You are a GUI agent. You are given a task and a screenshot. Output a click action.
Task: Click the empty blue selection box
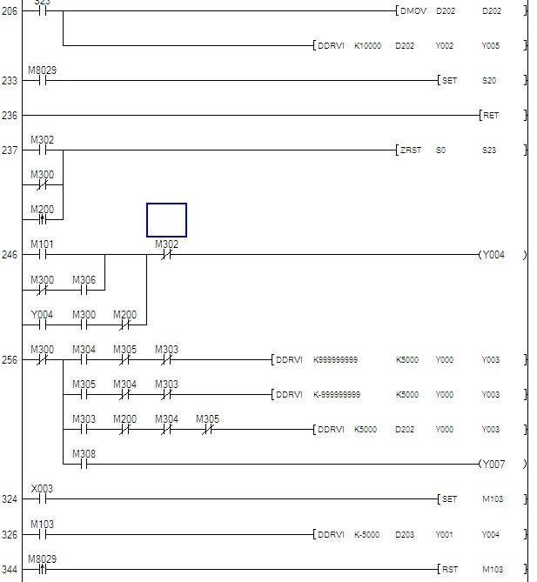click(166, 220)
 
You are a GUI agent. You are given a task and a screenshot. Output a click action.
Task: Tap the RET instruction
click(491, 115)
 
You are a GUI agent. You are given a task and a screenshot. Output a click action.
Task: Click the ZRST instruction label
click(410, 151)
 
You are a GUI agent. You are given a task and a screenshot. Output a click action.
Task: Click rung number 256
click(10, 360)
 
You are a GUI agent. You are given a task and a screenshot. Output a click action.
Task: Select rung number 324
click(10, 499)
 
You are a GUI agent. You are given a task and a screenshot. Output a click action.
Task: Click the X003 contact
click(41, 498)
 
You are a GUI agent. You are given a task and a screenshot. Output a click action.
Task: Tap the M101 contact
click(41, 255)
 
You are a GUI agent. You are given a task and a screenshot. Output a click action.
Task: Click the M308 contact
click(84, 464)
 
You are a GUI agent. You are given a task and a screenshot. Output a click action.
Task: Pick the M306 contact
click(84, 290)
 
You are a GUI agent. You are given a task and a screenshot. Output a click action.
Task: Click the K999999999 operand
click(335, 360)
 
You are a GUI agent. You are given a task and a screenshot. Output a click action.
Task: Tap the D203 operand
click(405, 534)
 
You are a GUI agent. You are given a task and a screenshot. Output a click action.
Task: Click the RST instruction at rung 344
click(449, 569)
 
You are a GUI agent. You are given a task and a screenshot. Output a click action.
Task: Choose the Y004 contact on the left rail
click(41, 324)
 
